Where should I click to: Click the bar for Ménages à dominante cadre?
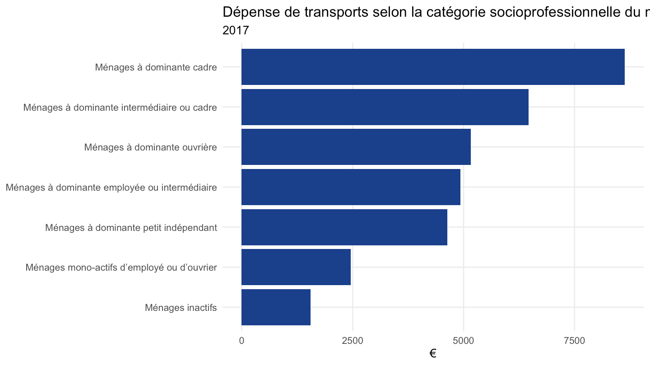(x=433, y=67)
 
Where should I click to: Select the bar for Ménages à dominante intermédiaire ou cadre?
(x=385, y=107)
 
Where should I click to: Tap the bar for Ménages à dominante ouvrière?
(x=356, y=147)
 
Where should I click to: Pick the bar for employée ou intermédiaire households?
(x=351, y=187)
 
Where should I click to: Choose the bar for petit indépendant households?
(x=344, y=227)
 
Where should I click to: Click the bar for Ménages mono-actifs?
(x=296, y=267)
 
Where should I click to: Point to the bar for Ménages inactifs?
(x=276, y=307)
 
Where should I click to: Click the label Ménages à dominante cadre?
(x=156, y=67)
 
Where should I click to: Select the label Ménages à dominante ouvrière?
(x=151, y=147)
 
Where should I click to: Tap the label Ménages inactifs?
(x=181, y=307)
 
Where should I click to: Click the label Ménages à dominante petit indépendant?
(x=131, y=228)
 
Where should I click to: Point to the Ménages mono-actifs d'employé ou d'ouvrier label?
(x=121, y=267)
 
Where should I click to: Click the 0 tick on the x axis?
(x=241, y=341)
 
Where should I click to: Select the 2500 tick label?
(x=353, y=341)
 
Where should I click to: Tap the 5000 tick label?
(x=464, y=341)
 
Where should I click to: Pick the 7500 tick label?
(x=575, y=341)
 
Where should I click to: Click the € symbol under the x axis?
(x=433, y=353)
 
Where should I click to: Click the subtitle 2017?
(x=236, y=30)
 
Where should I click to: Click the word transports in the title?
(x=336, y=12)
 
